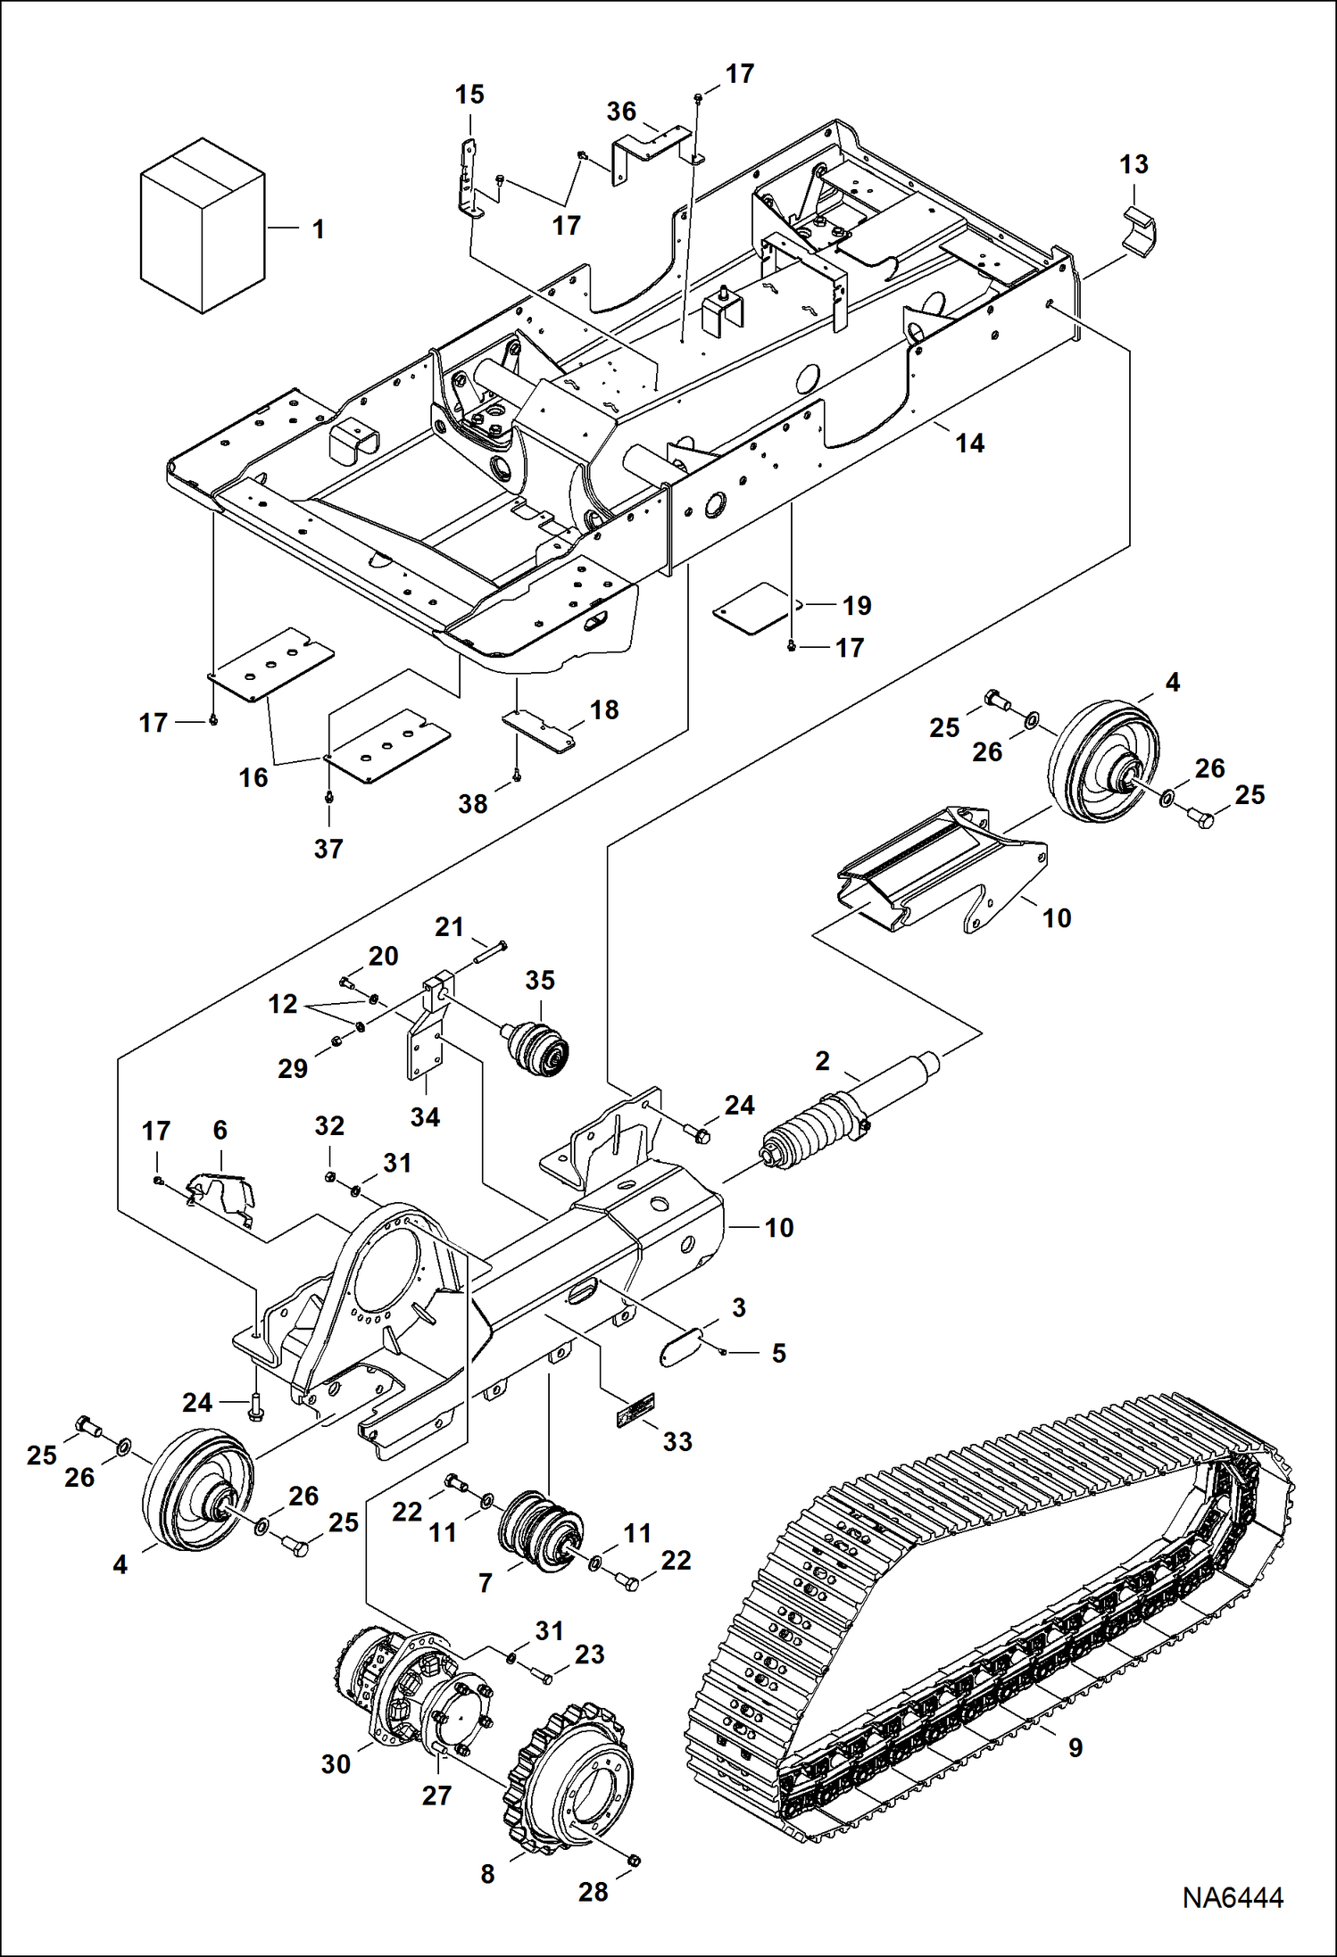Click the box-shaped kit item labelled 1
[203, 226]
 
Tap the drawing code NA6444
[1232, 1897]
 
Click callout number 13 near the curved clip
[1134, 164]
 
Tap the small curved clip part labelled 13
[1139, 231]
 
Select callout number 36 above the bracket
[621, 112]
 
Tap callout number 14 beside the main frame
[969, 444]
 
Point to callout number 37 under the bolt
[328, 848]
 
